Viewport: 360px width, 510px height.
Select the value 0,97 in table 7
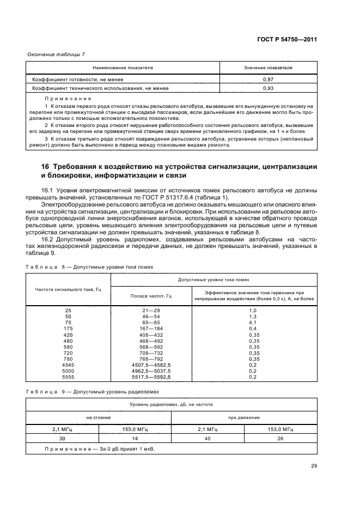[268, 80]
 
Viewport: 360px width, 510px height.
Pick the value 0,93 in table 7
[268, 88]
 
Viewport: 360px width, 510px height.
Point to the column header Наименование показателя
[123, 68]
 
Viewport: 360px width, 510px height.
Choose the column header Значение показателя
[268, 68]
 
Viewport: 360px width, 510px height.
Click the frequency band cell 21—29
[151, 309]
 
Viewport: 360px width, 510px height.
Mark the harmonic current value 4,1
[252, 322]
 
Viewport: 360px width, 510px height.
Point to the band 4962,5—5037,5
[151, 371]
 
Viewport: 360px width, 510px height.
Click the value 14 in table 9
[135, 438]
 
